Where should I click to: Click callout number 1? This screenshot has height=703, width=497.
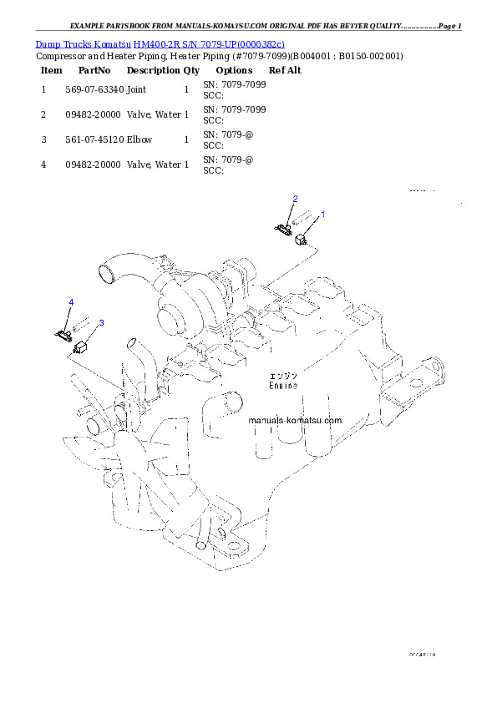tap(323, 214)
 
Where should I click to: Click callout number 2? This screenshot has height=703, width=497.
tap(295, 198)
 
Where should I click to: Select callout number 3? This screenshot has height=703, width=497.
tap(101, 321)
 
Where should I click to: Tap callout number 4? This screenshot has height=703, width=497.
tap(71, 301)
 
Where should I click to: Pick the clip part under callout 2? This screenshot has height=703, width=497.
tap(283, 225)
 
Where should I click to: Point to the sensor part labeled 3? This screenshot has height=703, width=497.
tap(82, 347)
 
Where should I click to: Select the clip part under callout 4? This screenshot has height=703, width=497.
tap(63, 334)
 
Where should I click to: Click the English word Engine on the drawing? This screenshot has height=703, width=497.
tap(283, 386)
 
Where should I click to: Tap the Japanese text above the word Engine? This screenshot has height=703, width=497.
tap(283, 375)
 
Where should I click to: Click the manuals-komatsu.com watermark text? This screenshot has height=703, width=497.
tap(295, 421)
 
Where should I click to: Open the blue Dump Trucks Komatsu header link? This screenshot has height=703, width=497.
tap(160, 43)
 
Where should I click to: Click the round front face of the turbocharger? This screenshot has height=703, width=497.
tap(171, 319)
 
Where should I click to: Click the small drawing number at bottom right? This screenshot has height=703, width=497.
tap(422, 654)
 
